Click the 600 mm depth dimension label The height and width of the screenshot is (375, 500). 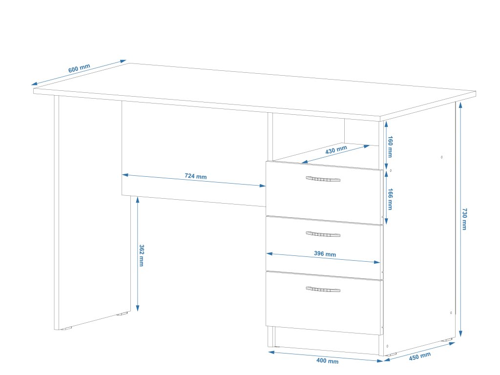tap(79, 69)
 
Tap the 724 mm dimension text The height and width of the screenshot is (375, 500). tap(195, 176)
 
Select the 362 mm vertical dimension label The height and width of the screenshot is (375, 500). tap(142, 255)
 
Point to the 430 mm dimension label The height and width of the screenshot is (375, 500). tap(336, 150)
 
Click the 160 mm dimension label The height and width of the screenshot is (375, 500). tap(390, 147)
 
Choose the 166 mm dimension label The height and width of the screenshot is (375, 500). tap(390, 199)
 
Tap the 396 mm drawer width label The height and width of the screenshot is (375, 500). tap(325, 254)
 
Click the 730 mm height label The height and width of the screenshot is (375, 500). tap(464, 219)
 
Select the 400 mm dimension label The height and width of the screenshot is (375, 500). tap(327, 361)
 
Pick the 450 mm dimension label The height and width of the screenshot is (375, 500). tap(420, 356)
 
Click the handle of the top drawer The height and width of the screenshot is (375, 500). tap(323, 179)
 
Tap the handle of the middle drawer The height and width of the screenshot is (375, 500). tap(323, 234)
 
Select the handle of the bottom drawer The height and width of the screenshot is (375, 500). tap(323, 290)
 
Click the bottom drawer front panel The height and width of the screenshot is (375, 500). tap(323, 308)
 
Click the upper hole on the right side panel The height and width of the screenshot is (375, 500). tap(442, 157)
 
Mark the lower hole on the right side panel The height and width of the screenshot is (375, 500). tap(451, 312)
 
